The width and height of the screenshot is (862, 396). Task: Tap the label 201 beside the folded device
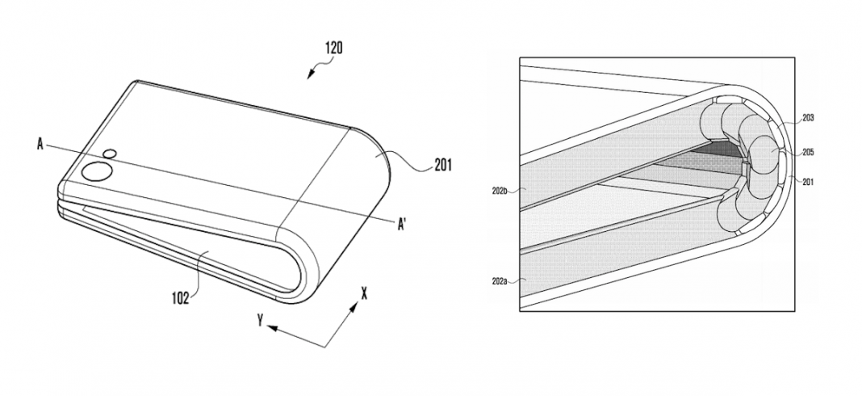pos(443,165)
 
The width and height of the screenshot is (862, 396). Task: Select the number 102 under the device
pos(179,298)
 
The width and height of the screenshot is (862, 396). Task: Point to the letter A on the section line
pos(40,145)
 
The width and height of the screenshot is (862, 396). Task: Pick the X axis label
pos(363,294)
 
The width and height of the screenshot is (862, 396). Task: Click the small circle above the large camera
pos(110,154)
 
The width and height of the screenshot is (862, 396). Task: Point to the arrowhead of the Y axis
pos(271,329)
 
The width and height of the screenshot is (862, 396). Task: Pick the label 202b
pos(500,191)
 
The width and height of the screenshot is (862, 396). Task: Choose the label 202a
pos(500,281)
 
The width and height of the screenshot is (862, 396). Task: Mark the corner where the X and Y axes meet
pos(325,347)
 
